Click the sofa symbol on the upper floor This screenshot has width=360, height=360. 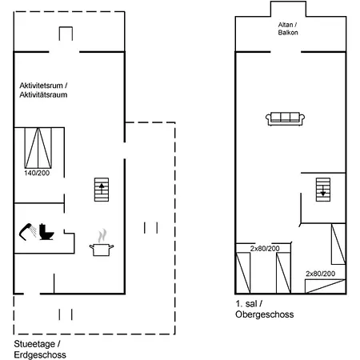[285, 119]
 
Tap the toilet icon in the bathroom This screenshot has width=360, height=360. [46, 232]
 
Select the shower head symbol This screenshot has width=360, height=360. [28, 232]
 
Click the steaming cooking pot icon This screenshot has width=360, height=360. [102, 243]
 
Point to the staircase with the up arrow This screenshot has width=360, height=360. [102, 190]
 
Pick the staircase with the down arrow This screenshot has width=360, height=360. [323, 190]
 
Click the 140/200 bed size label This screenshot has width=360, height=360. [37, 173]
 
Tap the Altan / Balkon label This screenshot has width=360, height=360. [288, 29]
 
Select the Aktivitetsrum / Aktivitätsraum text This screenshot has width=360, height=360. [43, 90]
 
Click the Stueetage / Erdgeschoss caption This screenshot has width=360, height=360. [40, 350]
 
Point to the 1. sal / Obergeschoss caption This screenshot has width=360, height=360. [265, 309]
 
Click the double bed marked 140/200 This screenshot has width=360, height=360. [38, 148]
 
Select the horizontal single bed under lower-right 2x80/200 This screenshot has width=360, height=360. [326, 286]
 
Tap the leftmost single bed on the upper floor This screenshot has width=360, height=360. [243, 273]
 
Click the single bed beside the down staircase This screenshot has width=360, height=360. [338, 244]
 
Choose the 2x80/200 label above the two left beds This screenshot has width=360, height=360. [265, 249]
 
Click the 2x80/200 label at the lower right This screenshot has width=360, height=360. [320, 274]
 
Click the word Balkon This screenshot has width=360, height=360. [288, 33]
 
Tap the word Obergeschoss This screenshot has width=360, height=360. [265, 314]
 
